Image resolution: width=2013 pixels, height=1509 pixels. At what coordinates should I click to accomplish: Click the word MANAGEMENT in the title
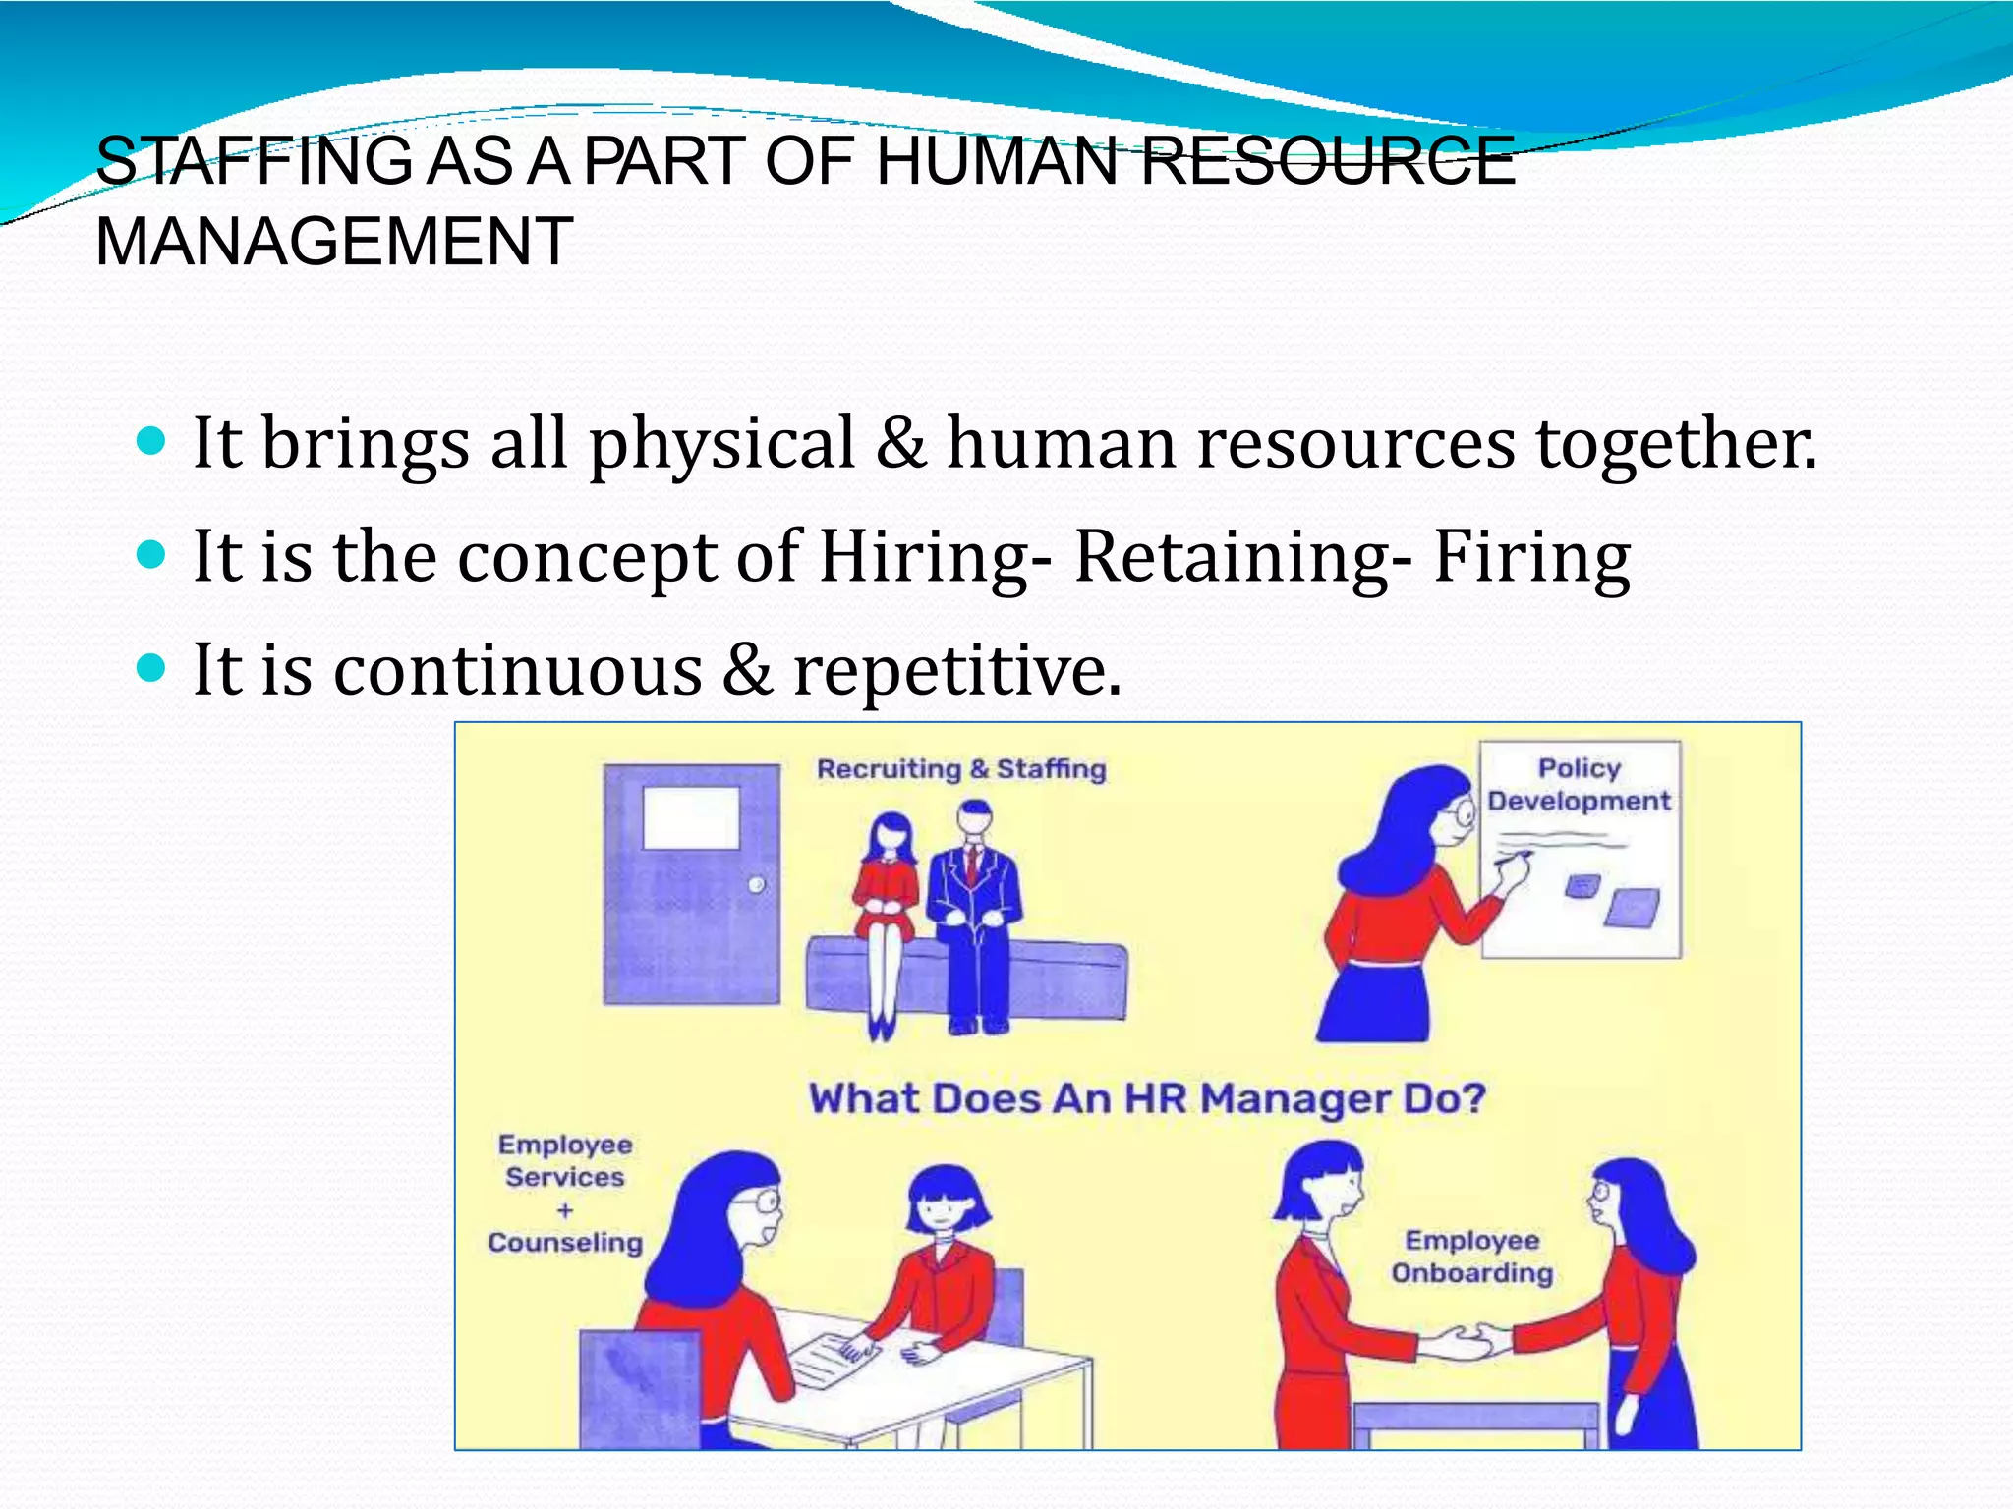coord(334,242)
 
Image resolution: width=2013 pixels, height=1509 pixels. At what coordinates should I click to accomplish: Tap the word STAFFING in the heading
coord(255,161)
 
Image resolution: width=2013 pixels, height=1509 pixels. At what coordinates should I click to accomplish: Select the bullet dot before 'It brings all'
coord(150,442)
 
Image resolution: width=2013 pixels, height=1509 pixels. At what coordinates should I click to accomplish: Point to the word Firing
coord(1531,556)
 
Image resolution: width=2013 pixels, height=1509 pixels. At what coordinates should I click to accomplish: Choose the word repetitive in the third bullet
coord(955,670)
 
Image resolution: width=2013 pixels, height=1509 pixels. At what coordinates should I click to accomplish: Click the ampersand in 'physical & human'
coord(901,442)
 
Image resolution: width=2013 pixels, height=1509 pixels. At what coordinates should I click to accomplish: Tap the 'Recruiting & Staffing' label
coord(961,768)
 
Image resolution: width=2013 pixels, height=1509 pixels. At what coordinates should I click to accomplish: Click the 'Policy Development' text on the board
coord(1579,784)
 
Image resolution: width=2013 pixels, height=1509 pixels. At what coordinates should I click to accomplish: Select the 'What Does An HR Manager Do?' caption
coord(1146,1098)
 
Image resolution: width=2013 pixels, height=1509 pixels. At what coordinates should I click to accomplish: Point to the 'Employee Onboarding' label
coord(1471,1257)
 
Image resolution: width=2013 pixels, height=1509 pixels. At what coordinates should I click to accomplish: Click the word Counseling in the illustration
coord(565,1243)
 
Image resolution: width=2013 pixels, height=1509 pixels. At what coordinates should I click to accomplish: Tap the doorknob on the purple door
coord(756,885)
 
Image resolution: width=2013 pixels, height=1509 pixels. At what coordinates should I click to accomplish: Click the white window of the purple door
coord(691,817)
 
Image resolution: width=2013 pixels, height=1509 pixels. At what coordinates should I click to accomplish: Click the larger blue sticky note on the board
coord(1633,907)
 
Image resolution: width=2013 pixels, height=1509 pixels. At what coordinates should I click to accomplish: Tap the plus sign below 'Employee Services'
coord(565,1210)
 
